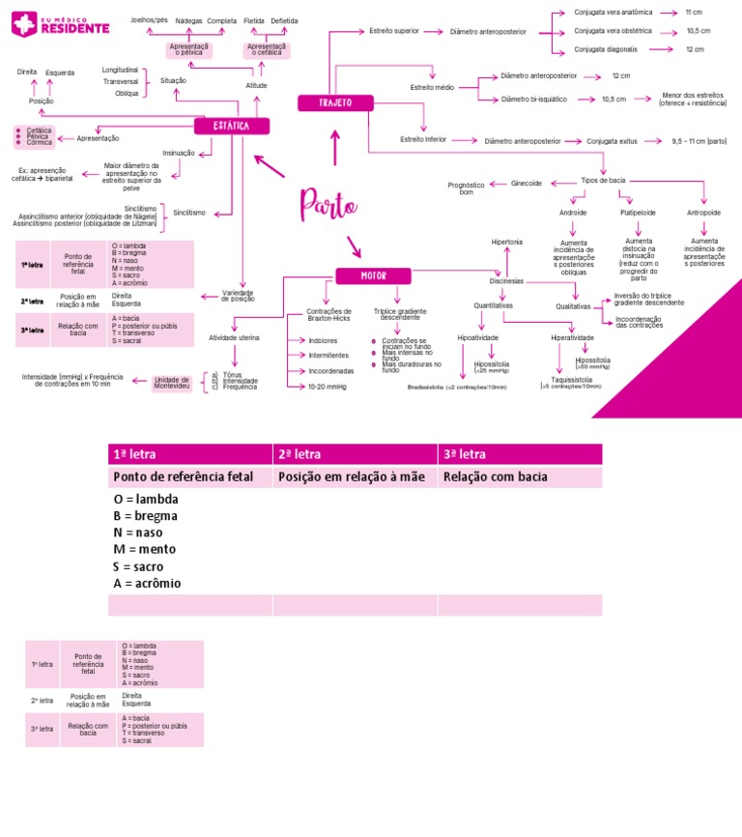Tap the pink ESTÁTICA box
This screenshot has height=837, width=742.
pyautogui.click(x=232, y=126)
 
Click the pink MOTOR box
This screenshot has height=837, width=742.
pyautogui.click(x=373, y=275)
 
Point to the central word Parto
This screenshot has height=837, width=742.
pyautogui.click(x=328, y=204)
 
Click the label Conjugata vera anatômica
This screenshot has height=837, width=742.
pyautogui.click(x=613, y=13)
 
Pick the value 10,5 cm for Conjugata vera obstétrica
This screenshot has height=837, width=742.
pyautogui.click(x=699, y=31)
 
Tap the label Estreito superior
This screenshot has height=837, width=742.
pyautogui.click(x=394, y=31)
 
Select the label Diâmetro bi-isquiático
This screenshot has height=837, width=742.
pyautogui.click(x=534, y=99)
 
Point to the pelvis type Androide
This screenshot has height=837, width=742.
pyautogui.click(x=573, y=212)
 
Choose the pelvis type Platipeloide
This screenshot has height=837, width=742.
pyautogui.click(x=638, y=212)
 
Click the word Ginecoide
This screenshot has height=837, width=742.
pyautogui.click(x=526, y=182)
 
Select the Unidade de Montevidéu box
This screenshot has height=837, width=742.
pyautogui.click(x=172, y=384)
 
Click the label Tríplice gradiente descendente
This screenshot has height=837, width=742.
pyautogui.click(x=400, y=314)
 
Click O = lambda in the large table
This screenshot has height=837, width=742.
pyautogui.click(x=146, y=499)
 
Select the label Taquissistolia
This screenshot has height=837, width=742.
pyautogui.click(x=571, y=380)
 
